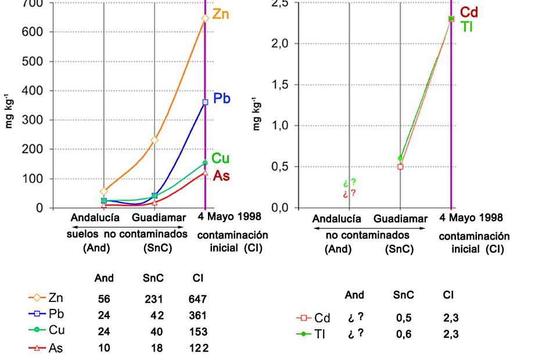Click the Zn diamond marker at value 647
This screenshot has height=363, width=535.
pos(205,18)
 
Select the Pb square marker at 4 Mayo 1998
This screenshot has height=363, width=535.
pos(205,102)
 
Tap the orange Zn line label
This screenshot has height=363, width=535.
pos(220,14)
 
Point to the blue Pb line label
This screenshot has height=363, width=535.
pos(222,98)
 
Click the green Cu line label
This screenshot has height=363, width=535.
pos(220,158)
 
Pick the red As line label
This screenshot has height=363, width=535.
pos(221,176)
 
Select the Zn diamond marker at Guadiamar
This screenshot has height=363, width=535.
pos(155,140)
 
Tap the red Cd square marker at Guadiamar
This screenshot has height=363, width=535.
pos(400,167)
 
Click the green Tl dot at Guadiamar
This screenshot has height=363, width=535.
pos(400,158)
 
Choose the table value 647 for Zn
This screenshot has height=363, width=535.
pos(198,300)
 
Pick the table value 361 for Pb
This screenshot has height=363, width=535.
pos(198,316)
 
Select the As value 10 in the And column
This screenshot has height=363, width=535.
pos(104,348)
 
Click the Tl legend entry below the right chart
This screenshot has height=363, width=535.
pos(314,334)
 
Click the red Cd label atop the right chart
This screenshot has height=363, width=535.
pos(469,12)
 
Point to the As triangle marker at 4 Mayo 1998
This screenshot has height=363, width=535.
pos(205,172)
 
